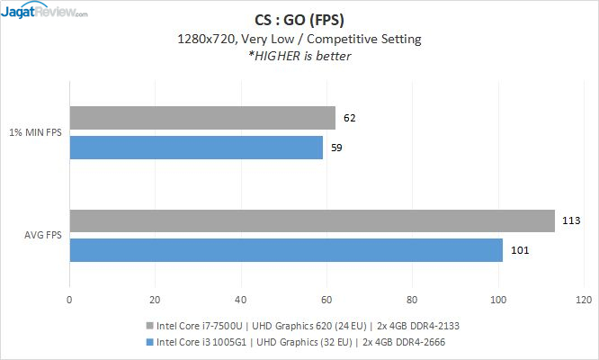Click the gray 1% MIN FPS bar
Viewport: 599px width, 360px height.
pos(202,118)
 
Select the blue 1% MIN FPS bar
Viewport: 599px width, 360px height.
pos(196,147)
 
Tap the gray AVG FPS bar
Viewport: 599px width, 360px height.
pos(312,220)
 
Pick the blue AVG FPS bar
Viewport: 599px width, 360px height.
pos(286,249)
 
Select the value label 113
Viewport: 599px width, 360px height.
pos(569,220)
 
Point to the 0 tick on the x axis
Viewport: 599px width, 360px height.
pos(69,301)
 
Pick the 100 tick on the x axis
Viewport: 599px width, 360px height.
pos(498,301)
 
